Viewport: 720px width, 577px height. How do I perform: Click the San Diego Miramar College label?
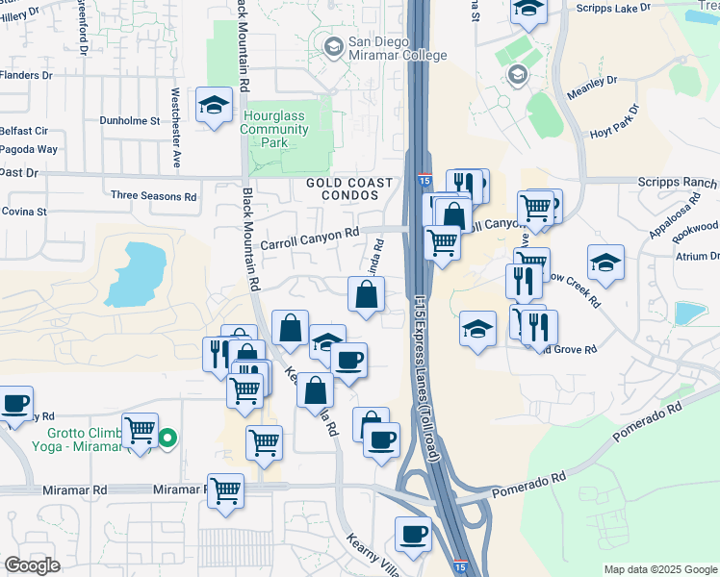click(x=398, y=48)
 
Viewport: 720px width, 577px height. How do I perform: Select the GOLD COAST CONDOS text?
click(x=349, y=189)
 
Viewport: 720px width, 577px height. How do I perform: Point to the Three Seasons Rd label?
click(x=153, y=195)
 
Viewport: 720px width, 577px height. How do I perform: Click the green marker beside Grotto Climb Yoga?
click(x=167, y=439)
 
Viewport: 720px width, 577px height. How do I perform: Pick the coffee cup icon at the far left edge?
click(x=13, y=403)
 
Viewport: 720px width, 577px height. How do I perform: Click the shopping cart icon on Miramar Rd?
click(x=226, y=489)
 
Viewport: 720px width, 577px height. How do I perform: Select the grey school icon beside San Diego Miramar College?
click(x=334, y=45)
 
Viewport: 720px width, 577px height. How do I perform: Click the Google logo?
click(x=33, y=565)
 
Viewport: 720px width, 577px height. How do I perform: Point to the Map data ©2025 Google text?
click(x=659, y=569)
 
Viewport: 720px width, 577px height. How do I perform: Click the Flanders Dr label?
click(x=26, y=74)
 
